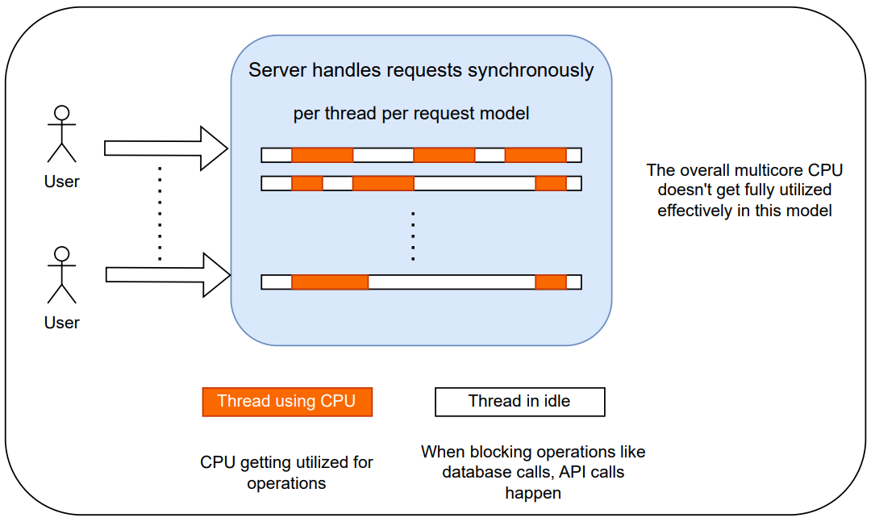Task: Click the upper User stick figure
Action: coord(61,134)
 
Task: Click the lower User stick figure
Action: coord(61,275)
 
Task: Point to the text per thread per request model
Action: coord(411,114)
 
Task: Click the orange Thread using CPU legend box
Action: coord(287,401)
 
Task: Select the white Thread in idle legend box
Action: coord(519,401)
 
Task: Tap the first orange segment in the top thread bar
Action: coord(323,155)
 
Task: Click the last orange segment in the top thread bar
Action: coord(536,155)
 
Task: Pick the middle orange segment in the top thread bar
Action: coord(444,155)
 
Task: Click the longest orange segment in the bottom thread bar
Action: coord(330,282)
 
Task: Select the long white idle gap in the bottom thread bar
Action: coord(452,282)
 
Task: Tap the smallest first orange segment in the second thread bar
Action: coord(307,183)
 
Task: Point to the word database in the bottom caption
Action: coord(477,472)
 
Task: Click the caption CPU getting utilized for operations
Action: coord(287,473)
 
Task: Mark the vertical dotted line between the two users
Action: coord(160,214)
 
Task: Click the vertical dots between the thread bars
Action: coord(413,236)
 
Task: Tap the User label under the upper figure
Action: coord(62,182)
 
